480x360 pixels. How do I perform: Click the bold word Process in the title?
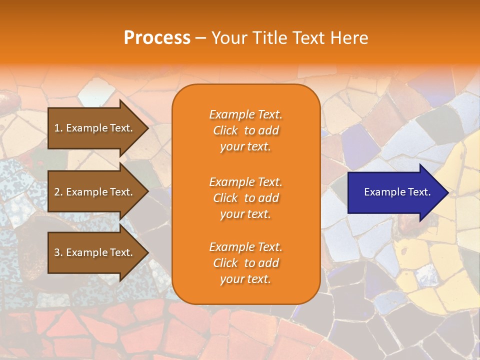pyautogui.click(x=157, y=38)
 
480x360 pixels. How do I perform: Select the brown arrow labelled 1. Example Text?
pyautogui.click(x=95, y=128)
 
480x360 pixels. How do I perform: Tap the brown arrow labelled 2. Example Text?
pyautogui.click(x=95, y=192)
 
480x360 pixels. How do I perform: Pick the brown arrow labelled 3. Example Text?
pyautogui.click(x=95, y=252)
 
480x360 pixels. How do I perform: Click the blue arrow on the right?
pyautogui.click(x=395, y=192)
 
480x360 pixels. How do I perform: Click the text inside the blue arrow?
pyautogui.click(x=397, y=192)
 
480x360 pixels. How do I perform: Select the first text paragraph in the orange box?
pyautogui.click(x=245, y=130)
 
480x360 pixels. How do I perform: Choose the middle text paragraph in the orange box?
pyautogui.click(x=245, y=198)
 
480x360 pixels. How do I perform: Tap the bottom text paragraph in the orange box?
pyautogui.click(x=245, y=263)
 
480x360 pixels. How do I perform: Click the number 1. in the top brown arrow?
pyautogui.click(x=58, y=128)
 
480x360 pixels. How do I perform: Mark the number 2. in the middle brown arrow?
pyautogui.click(x=58, y=192)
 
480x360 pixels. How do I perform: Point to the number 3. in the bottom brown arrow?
pyautogui.click(x=58, y=252)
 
